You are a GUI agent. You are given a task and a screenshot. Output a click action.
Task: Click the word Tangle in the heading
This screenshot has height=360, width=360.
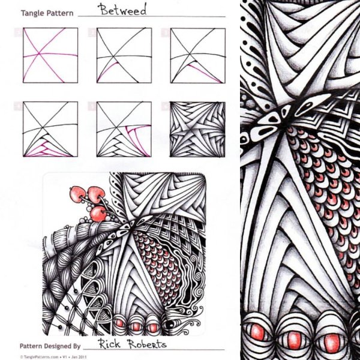32,13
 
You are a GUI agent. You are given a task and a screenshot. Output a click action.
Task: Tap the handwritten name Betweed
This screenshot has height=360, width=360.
123,10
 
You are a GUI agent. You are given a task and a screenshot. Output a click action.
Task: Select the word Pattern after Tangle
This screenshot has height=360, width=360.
59,13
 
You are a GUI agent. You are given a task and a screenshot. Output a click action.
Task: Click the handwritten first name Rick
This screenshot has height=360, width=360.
110,344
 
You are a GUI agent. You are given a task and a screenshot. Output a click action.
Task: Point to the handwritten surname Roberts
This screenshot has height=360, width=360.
147,344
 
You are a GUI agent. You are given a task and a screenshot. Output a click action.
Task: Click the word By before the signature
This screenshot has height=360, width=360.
77,346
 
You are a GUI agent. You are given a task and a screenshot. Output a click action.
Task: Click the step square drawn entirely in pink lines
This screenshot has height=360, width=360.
50,55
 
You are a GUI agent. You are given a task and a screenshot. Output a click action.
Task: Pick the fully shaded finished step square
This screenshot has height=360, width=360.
197,129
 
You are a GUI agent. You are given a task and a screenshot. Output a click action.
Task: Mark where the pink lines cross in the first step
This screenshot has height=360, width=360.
39,54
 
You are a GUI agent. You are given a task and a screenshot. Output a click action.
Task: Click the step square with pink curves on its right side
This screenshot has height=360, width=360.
124,129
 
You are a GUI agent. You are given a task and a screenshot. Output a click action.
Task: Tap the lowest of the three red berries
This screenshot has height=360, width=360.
98,214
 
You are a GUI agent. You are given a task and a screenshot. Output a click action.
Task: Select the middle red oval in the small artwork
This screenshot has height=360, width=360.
134,326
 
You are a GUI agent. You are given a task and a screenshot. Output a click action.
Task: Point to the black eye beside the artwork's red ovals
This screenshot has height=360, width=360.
170,325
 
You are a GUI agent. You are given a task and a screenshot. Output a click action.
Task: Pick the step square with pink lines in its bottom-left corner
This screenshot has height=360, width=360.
50,129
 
